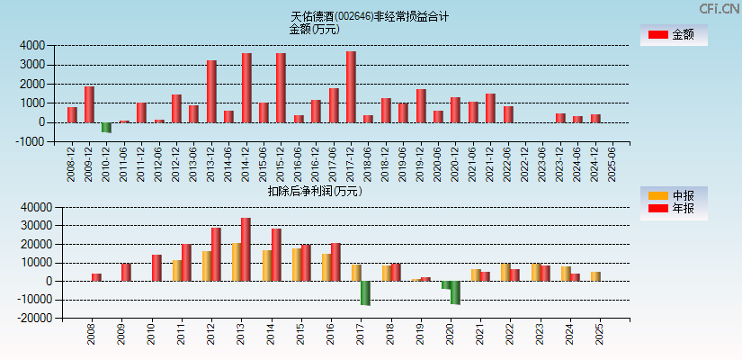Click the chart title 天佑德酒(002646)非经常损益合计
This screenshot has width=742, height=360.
370,16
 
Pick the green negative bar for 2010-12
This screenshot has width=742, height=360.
106,128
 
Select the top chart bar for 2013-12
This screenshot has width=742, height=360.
211,91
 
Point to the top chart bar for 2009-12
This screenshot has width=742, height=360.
89,104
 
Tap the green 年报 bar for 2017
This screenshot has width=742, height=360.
366,292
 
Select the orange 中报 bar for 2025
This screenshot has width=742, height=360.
595,276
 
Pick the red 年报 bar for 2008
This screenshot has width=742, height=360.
96,277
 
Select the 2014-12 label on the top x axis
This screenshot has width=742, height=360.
246,163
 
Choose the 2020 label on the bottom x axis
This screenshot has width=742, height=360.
451,337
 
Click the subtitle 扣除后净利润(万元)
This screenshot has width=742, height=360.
314,191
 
